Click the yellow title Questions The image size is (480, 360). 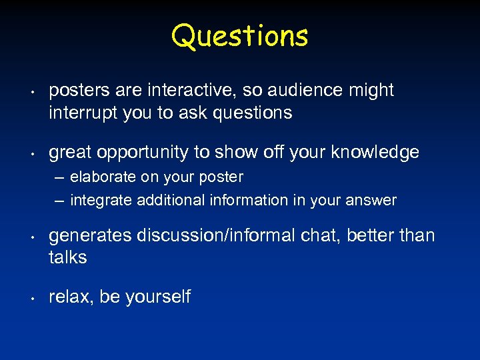click(x=239, y=36)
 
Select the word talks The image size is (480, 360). click(x=67, y=258)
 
